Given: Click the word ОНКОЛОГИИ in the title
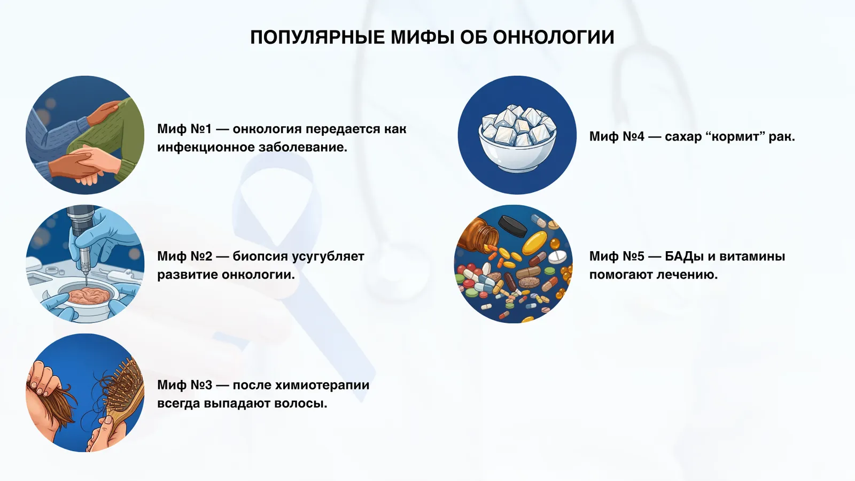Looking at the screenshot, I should tap(553, 37).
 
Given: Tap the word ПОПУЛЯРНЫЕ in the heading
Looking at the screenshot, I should tap(317, 37).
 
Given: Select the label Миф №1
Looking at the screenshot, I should tap(184, 129).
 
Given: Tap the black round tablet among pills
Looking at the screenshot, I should tap(511, 227).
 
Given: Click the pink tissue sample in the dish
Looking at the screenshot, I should tap(84, 295).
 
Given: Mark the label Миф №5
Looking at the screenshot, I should tap(617, 257).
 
